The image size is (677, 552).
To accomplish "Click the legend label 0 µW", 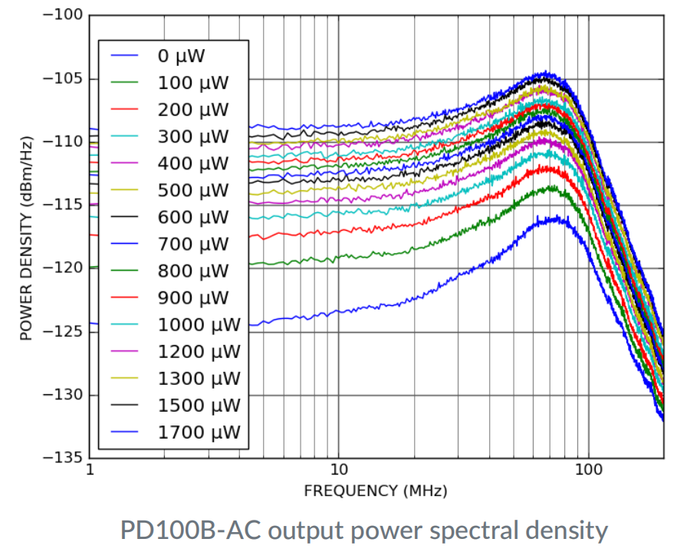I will [182, 55].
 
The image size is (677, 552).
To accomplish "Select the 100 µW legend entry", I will [192, 83].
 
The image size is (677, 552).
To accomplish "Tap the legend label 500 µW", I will [192, 190].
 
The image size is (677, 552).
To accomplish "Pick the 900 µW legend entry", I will [192, 297].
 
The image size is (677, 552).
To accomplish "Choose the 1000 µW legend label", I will [199, 324].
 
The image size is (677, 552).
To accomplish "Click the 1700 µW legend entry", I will [199, 432].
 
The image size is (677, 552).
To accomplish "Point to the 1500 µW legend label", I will [199, 405].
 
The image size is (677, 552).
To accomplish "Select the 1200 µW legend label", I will [199, 351].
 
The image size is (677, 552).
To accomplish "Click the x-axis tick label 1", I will [90, 469].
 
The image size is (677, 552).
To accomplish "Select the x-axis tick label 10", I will [338, 469].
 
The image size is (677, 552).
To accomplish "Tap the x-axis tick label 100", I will [587, 469].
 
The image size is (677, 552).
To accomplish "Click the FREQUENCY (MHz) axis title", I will [375, 491].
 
